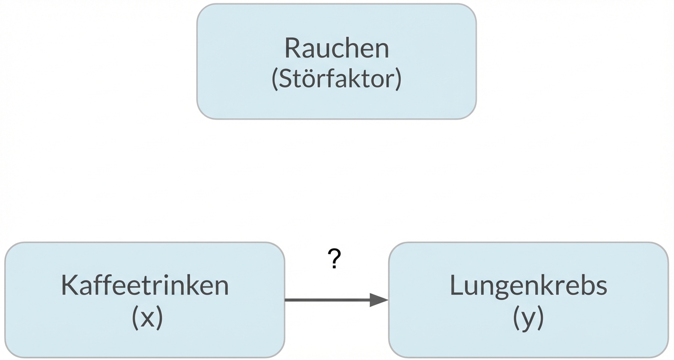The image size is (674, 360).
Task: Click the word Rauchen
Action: point(337,48)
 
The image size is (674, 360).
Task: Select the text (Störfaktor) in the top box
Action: point(337,79)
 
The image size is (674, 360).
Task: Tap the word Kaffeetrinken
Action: point(145,285)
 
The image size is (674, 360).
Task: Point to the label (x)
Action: point(147,317)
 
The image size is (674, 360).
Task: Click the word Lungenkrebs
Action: point(528,285)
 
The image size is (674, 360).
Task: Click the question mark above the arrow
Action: point(335,259)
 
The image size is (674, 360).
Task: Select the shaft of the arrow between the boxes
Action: point(328,300)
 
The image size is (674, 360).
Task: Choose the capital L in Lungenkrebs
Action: point(456,285)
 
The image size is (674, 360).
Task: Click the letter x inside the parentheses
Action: point(147,319)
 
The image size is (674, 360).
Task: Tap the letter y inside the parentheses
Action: point(528,320)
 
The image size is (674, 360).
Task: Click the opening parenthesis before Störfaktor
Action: point(275,79)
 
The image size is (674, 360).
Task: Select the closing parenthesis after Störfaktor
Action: point(398,79)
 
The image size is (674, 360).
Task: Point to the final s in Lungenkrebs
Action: point(601,286)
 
